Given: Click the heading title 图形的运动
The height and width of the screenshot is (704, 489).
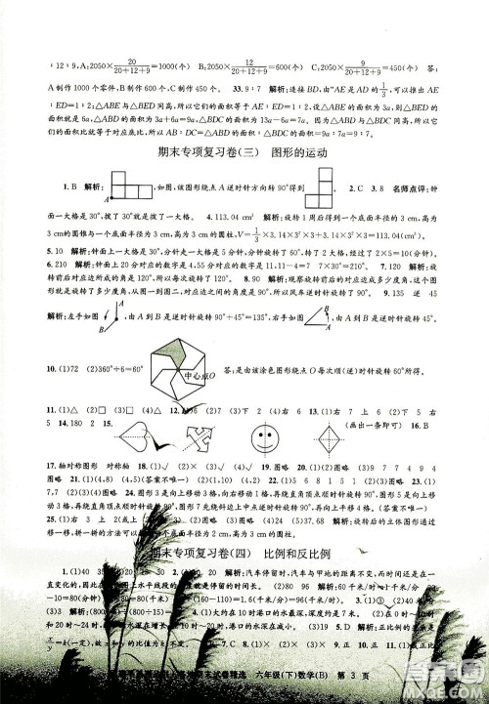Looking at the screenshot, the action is pyautogui.click(x=296, y=152).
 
